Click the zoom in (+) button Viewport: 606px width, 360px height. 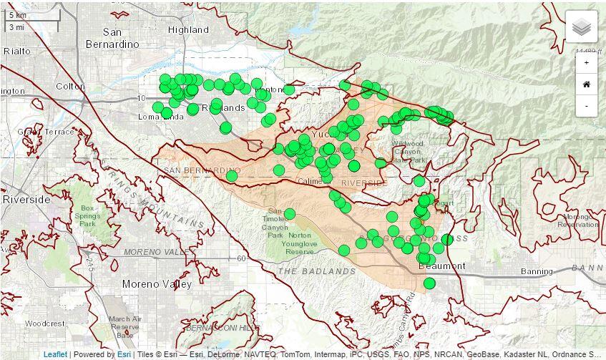click(x=587, y=63)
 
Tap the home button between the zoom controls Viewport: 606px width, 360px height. click(x=587, y=84)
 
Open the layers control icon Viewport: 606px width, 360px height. click(x=582, y=27)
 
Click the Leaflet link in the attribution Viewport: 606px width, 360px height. click(x=55, y=354)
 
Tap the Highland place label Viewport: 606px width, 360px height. click(x=188, y=30)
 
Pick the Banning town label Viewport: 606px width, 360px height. click(x=536, y=272)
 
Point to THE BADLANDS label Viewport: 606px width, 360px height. click(x=316, y=272)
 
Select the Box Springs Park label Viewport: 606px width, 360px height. click(x=87, y=215)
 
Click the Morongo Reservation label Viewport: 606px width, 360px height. click(x=577, y=220)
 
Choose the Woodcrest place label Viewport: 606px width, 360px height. click(x=44, y=323)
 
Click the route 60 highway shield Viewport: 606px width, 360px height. click(x=241, y=258)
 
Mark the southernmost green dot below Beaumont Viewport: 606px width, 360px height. click(x=429, y=283)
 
